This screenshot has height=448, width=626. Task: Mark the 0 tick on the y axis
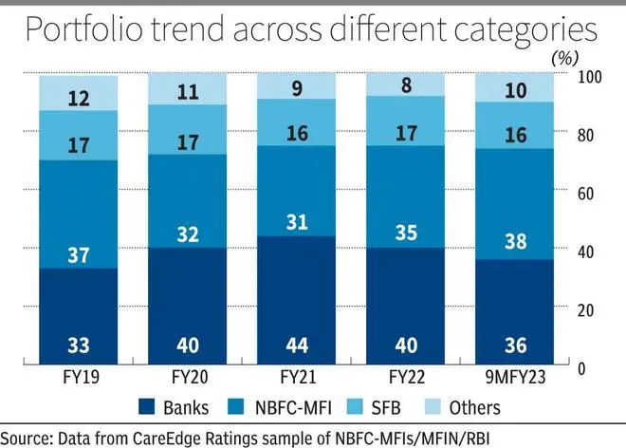(581, 368)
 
